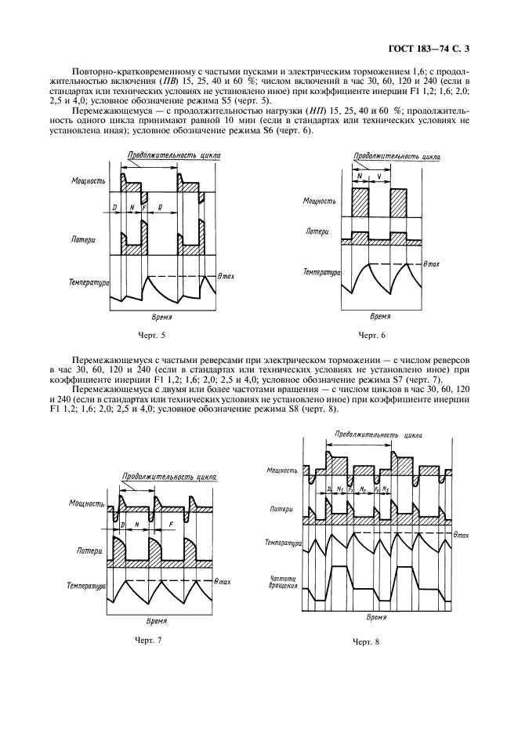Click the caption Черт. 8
coord(365,642)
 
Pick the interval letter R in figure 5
coord(161,209)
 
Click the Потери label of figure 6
coord(317,231)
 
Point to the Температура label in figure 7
coord(87,586)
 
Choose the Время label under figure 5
coord(162,318)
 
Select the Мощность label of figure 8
coord(282,471)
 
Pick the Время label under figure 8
coord(377,617)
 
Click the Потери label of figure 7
coord(91,552)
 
